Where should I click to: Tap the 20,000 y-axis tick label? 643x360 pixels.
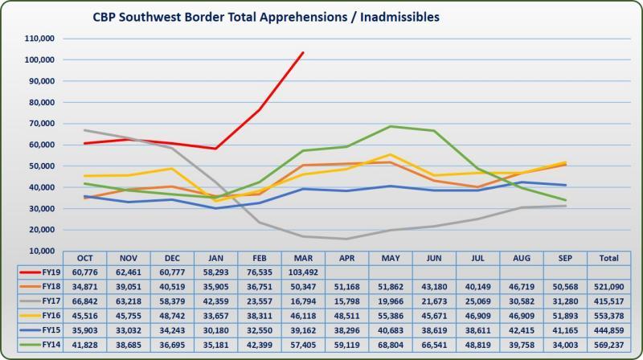[x=40, y=230]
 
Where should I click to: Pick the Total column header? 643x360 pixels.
[x=608, y=258]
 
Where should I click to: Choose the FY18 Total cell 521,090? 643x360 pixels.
[x=608, y=286]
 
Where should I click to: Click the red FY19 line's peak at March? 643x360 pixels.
[x=303, y=52]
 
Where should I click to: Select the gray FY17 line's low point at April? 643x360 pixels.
[x=346, y=239]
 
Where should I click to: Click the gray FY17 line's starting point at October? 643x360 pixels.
[x=84, y=130]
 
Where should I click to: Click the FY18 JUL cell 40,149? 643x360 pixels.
[x=477, y=286]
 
